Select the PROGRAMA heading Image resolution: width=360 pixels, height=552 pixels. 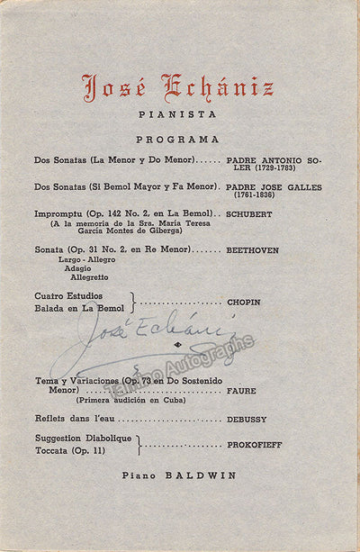click(x=177, y=140)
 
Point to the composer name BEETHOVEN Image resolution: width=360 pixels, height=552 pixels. click(x=253, y=249)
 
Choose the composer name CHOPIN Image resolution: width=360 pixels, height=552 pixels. click(x=243, y=303)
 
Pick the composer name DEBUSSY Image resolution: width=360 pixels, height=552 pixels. click(x=247, y=420)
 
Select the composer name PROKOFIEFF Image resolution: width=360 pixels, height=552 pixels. click(x=255, y=445)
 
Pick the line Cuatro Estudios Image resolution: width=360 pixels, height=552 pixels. click(x=68, y=296)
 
